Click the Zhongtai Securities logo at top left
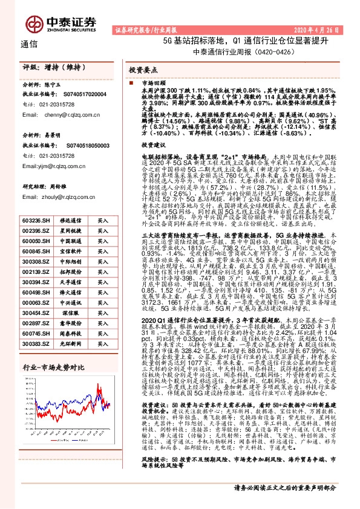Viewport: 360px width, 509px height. [61, 23]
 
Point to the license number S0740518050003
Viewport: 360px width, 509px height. [81, 146]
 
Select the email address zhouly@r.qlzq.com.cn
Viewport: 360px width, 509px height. [65, 196]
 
